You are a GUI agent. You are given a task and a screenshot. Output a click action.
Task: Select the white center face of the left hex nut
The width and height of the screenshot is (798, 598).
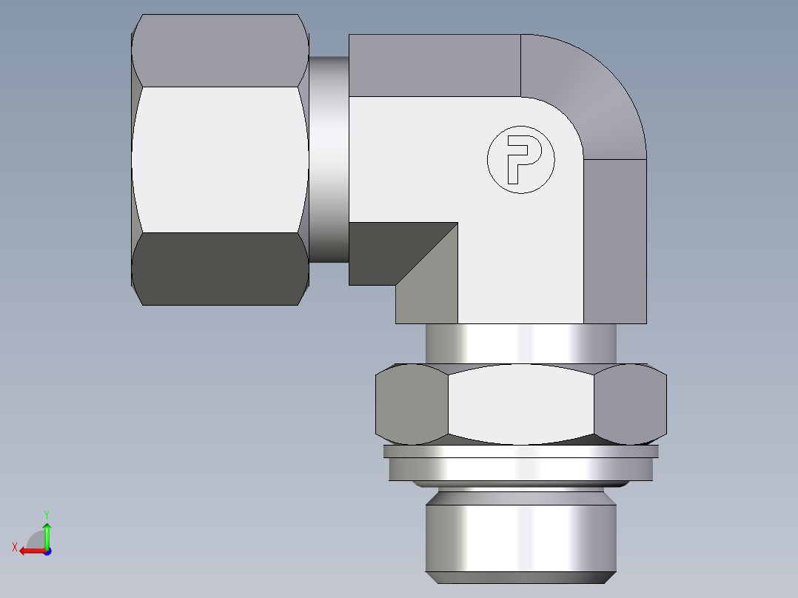[x=220, y=159]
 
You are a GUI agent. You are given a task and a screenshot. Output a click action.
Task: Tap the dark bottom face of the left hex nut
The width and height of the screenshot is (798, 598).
[x=220, y=269]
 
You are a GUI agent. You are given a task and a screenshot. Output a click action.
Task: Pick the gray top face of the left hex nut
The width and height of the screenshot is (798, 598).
[x=220, y=50]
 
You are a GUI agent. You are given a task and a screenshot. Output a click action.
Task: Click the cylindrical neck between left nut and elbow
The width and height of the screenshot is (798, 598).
[x=329, y=159]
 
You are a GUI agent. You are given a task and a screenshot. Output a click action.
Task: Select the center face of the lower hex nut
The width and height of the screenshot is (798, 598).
[x=522, y=403]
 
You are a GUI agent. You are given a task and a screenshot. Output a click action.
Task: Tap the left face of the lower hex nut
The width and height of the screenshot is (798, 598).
[x=412, y=403]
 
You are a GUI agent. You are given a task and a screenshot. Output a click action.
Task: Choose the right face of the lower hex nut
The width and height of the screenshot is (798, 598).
[x=631, y=403]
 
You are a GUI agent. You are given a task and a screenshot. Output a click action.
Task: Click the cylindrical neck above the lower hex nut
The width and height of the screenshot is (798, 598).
[x=520, y=344]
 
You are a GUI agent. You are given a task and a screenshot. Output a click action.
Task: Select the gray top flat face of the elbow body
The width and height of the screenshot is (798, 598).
[x=435, y=65]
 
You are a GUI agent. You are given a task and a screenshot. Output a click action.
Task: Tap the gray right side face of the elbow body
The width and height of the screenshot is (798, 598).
[x=615, y=241]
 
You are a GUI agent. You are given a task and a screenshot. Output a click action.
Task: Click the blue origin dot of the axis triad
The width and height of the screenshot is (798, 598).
[x=47, y=551]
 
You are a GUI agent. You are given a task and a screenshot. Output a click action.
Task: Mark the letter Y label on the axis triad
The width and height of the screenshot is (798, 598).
[x=46, y=513]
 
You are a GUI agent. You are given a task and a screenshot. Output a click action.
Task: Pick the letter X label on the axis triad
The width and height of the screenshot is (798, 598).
[x=15, y=547]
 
